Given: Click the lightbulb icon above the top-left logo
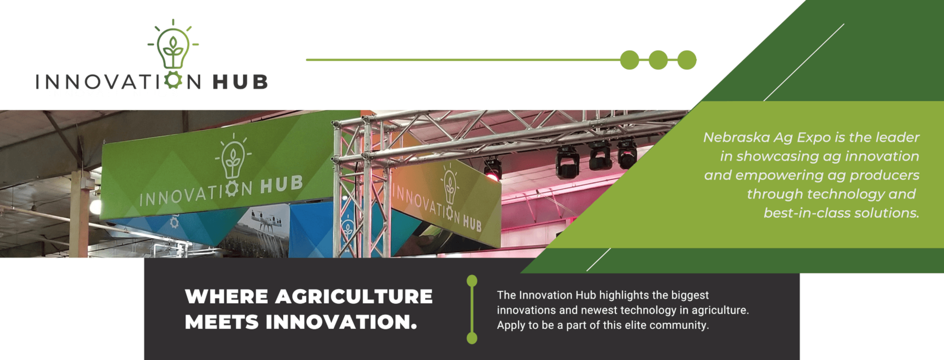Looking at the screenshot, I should (x=173, y=47).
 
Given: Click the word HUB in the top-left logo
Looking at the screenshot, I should (x=240, y=82).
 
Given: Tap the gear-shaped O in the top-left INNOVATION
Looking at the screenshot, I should (x=173, y=80).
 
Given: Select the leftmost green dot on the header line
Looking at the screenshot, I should (x=629, y=60).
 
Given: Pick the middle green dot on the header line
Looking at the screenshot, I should (x=658, y=60).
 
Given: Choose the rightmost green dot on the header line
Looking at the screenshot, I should (x=687, y=60).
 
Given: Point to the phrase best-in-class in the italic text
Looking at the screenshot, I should (x=806, y=213).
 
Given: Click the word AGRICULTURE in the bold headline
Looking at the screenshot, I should (x=354, y=297).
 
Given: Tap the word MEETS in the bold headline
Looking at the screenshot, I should (x=222, y=322).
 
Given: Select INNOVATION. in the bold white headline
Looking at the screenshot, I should (x=341, y=322).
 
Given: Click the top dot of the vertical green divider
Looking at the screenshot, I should (x=472, y=281).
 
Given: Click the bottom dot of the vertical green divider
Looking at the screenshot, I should (x=472, y=338).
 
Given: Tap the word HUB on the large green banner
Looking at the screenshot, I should (x=281, y=184).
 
